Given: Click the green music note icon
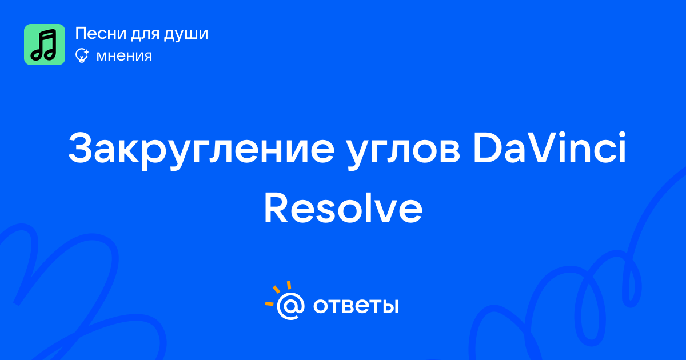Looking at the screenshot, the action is (x=45, y=45).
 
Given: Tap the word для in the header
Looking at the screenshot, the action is (x=145, y=34).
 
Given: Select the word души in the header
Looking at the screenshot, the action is (x=186, y=34).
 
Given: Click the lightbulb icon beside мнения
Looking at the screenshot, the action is (x=82, y=55).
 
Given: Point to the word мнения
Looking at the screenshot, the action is (x=124, y=56).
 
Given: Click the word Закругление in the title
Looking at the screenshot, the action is (x=201, y=147).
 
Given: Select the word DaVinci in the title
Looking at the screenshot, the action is (x=549, y=147).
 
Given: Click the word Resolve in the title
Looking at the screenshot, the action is (x=343, y=208).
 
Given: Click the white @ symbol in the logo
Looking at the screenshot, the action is (x=290, y=306).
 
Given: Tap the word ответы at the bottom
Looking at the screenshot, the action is (x=356, y=306).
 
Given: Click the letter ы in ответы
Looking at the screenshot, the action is (x=389, y=306).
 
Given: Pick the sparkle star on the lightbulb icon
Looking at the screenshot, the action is (x=86, y=52).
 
